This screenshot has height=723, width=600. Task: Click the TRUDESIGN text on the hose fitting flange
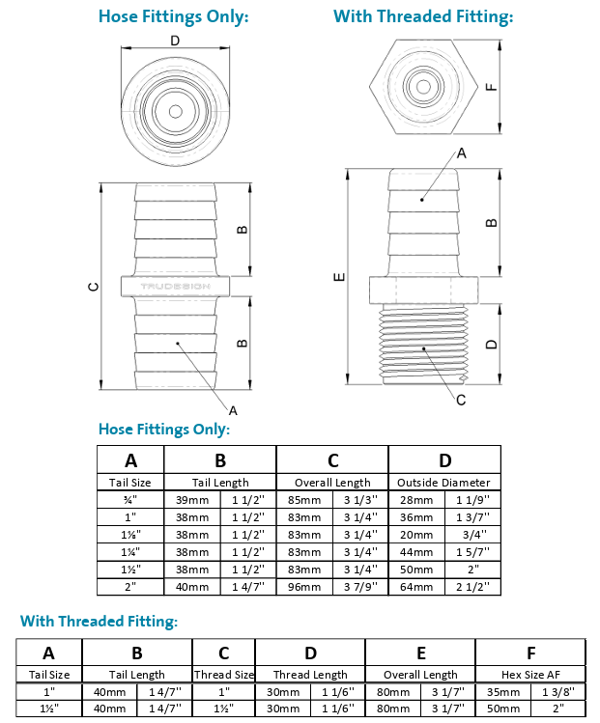click(x=175, y=287)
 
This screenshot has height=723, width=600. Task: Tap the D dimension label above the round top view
click(x=175, y=41)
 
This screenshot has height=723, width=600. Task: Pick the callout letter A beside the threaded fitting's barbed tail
click(x=461, y=153)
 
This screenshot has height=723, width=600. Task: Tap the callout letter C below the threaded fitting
click(x=461, y=400)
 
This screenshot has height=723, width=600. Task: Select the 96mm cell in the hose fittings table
click(x=304, y=586)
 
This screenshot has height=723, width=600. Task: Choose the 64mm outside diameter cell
click(x=416, y=586)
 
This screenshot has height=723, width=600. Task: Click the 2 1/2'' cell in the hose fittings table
click(x=472, y=586)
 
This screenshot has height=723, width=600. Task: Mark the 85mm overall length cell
click(x=304, y=499)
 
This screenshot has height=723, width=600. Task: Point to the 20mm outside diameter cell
click(x=416, y=534)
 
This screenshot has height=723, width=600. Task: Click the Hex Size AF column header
click(x=530, y=674)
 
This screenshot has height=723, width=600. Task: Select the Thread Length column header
click(x=310, y=674)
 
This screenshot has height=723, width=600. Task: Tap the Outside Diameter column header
click(x=444, y=482)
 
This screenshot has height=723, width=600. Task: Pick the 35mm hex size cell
click(x=503, y=691)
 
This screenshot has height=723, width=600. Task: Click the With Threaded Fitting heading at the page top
click(x=423, y=16)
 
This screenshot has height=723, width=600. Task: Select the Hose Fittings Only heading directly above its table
click(x=164, y=429)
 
